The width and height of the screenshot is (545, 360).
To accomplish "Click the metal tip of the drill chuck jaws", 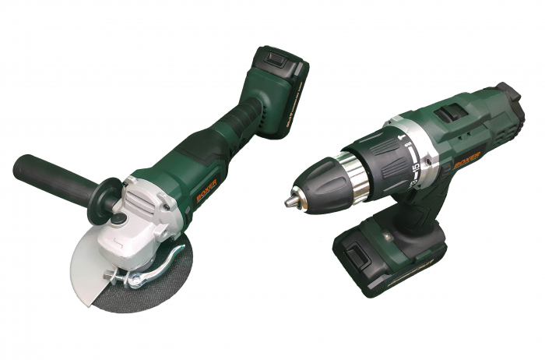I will click(x=289, y=202).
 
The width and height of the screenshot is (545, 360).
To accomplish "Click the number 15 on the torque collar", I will click(x=417, y=167).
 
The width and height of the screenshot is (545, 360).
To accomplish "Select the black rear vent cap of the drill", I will click(x=507, y=97).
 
